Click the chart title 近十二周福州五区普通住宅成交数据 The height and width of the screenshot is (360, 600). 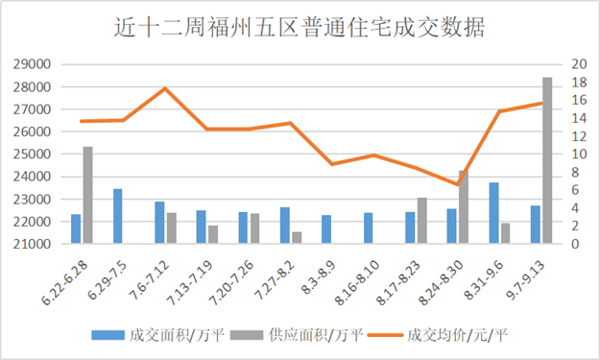coord(299,27)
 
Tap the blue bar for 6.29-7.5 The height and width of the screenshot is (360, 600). coord(118,216)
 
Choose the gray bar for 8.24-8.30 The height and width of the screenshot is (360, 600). coord(464,207)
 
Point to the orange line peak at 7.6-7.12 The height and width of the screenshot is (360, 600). coord(165,88)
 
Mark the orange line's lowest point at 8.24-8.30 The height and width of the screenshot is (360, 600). coord(458,184)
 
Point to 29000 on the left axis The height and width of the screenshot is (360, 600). coord(35,64)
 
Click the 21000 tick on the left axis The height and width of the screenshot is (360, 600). coord(35,244)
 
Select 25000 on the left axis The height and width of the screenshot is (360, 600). coord(35,155)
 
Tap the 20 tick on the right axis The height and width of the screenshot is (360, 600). coord(577,64)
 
